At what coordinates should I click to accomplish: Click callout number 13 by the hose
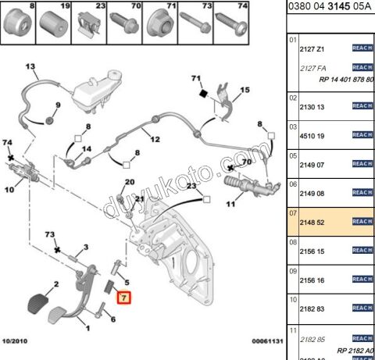pyautogui.click(x=30, y=68)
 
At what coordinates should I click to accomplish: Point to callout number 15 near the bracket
pyautogui.click(x=245, y=90)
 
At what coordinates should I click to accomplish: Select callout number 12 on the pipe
pyautogui.click(x=155, y=140)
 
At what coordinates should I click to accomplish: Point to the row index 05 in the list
pyautogui.click(x=293, y=155)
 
